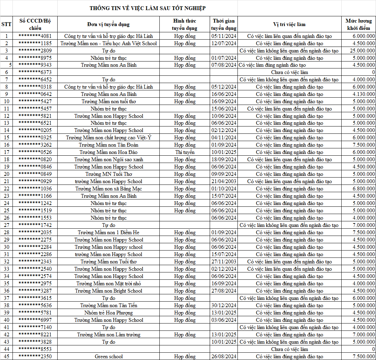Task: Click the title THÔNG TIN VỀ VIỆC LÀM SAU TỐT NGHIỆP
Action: (x=148, y=8)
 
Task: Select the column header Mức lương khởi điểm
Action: (x=358, y=24)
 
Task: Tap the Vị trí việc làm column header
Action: (x=289, y=24)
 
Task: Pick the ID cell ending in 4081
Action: (x=35, y=36)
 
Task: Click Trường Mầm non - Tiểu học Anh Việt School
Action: (x=109, y=43)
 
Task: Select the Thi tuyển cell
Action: (x=185, y=152)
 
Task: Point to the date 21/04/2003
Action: (x=224, y=181)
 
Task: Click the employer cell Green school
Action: (x=109, y=357)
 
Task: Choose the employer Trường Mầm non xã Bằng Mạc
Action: (x=109, y=189)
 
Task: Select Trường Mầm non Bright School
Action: (x=109, y=291)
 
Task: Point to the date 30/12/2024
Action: (x=224, y=305)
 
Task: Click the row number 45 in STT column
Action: (x=6, y=357)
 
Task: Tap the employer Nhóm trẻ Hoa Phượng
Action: (x=109, y=313)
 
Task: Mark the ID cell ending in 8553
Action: (x=35, y=349)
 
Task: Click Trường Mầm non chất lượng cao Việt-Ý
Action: (x=109, y=138)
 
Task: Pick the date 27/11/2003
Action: (x=224, y=262)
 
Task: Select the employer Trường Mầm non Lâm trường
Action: (x=109, y=335)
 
